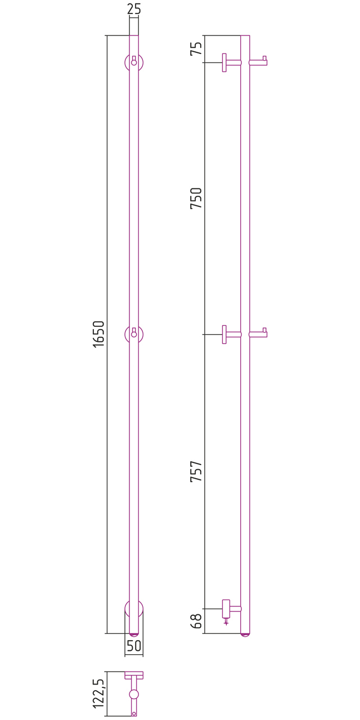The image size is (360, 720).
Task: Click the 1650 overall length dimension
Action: tap(98, 334)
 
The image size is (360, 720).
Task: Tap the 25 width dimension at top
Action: tap(134, 9)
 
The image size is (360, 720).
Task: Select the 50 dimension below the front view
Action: tap(134, 645)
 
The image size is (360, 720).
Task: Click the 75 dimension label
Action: tap(196, 48)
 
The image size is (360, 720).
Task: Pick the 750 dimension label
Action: tap(196, 198)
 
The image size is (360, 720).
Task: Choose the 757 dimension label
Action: tap(196, 471)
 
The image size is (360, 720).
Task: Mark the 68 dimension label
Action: tap(196, 621)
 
